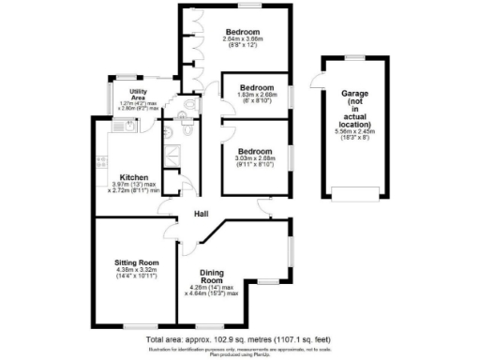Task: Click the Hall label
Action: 200,215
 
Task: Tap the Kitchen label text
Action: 130,176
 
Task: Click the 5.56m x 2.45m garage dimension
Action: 355,132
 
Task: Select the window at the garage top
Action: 353,57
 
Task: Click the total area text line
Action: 239,337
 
